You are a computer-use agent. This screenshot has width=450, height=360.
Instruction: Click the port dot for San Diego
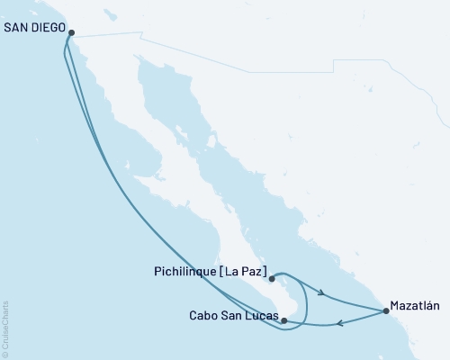tap(71, 33)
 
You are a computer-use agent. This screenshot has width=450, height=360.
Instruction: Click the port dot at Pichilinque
tap(271, 279)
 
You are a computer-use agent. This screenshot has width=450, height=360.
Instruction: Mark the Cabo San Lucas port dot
tap(283, 320)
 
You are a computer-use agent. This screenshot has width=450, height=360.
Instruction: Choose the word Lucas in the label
tap(259, 316)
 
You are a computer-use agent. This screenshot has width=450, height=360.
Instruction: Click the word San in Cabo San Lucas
tap(231, 316)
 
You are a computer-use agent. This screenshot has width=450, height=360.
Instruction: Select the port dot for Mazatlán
tap(386, 311)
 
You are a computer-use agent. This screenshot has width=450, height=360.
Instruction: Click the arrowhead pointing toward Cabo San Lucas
tap(339, 325)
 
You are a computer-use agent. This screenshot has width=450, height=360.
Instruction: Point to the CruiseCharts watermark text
tap(6, 329)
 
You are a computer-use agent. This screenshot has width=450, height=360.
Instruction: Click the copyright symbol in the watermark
tap(6, 354)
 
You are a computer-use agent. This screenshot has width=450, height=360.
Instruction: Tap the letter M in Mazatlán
tap(392, 305)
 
